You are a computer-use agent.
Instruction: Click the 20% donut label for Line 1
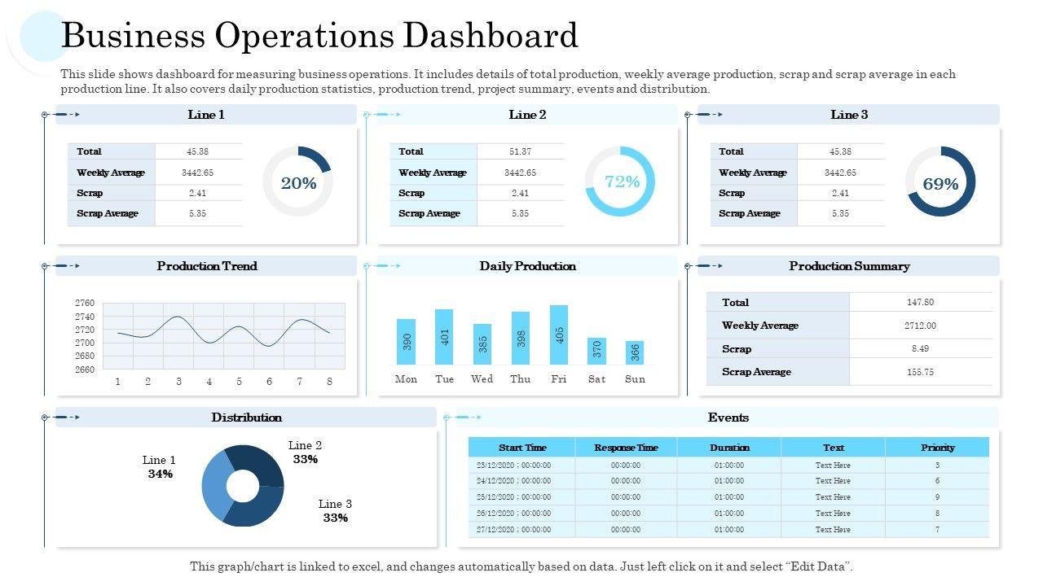click(x=298, y=183)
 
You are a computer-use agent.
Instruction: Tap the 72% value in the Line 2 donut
click(x=622, y=181)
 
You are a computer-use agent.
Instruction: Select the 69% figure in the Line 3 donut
click(x=940, y=184)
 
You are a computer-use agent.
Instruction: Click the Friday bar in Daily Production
click(x=559, y=335)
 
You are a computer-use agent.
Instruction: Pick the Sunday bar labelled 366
click(x=635, y=352)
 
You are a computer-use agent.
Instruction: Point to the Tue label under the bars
click(x=444, y=379)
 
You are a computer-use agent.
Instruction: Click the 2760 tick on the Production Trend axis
click(x=84, y=303)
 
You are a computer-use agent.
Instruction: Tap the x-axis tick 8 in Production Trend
click(x=329, y=382)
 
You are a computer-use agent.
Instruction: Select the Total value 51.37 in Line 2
click(x=520, y=151)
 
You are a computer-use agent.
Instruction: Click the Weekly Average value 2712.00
click(x=921, y=326)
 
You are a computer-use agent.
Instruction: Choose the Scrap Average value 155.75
click(x=920, y=372)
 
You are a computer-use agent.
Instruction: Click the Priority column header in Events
click(x=937, y=448)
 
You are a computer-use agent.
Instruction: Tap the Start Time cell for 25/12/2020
click(x=513, y=497)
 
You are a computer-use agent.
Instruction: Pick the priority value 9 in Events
click(x=937, y=497)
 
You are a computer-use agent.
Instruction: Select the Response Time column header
click(x=626, y=448)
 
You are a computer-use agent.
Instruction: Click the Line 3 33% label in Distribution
click(x=335, y=511)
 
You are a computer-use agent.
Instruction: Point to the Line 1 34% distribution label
click(x=160, y=467)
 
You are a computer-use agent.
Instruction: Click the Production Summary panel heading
click(x=849, y=266)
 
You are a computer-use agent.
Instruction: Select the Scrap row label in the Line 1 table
click(x=90, y=193)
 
